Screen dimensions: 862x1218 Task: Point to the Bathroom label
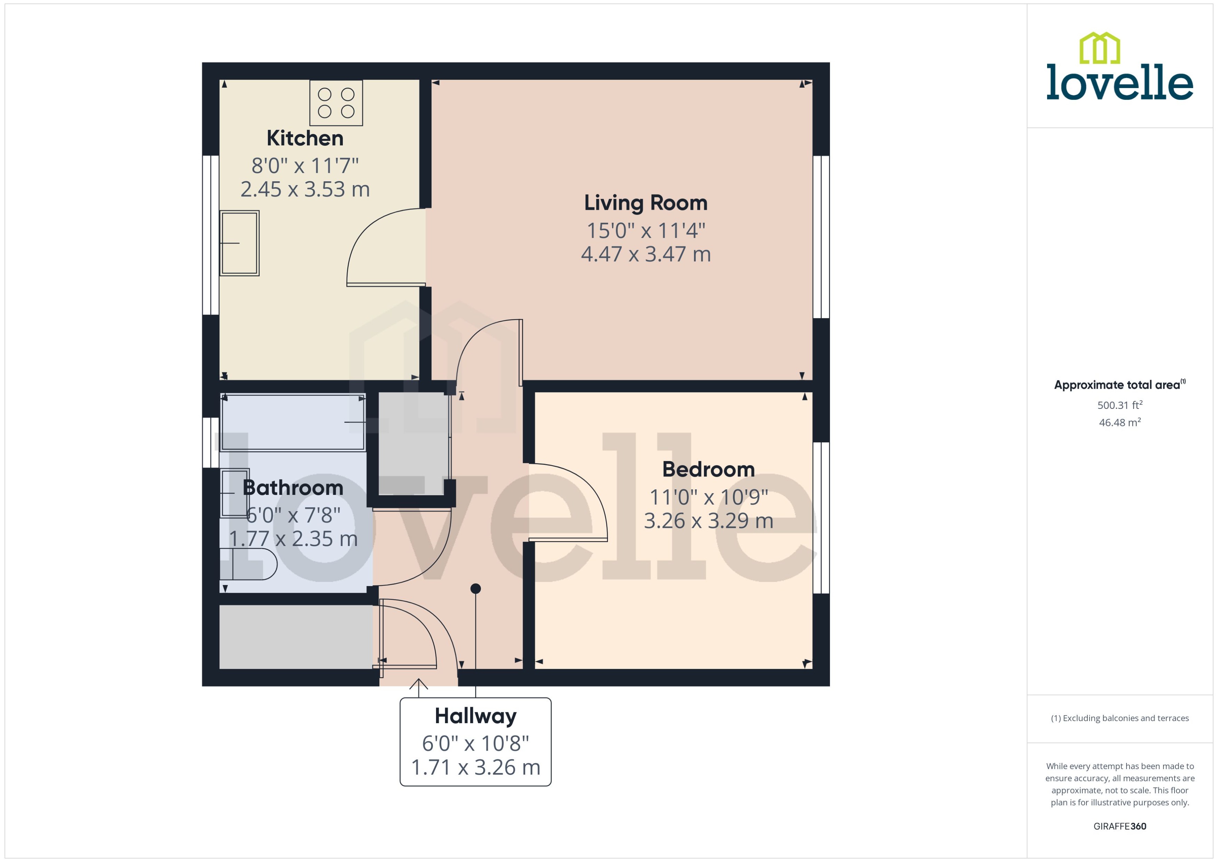(293, 488)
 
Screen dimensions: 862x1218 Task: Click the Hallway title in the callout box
(475, 716)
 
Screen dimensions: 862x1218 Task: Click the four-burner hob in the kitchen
(336, 103)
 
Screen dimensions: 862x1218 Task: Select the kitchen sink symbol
(239, 243)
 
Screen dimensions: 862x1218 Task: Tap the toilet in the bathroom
(248, 564)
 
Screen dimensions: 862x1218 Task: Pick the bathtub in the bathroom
(293, 422)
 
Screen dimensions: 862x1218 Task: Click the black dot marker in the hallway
(475, 588)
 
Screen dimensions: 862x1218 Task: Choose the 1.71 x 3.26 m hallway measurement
(475, 768)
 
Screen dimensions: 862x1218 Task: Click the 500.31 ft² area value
(1119, 405)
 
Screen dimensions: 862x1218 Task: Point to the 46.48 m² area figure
(1119, 422)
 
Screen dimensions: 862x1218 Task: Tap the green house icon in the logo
(1100, 48)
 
